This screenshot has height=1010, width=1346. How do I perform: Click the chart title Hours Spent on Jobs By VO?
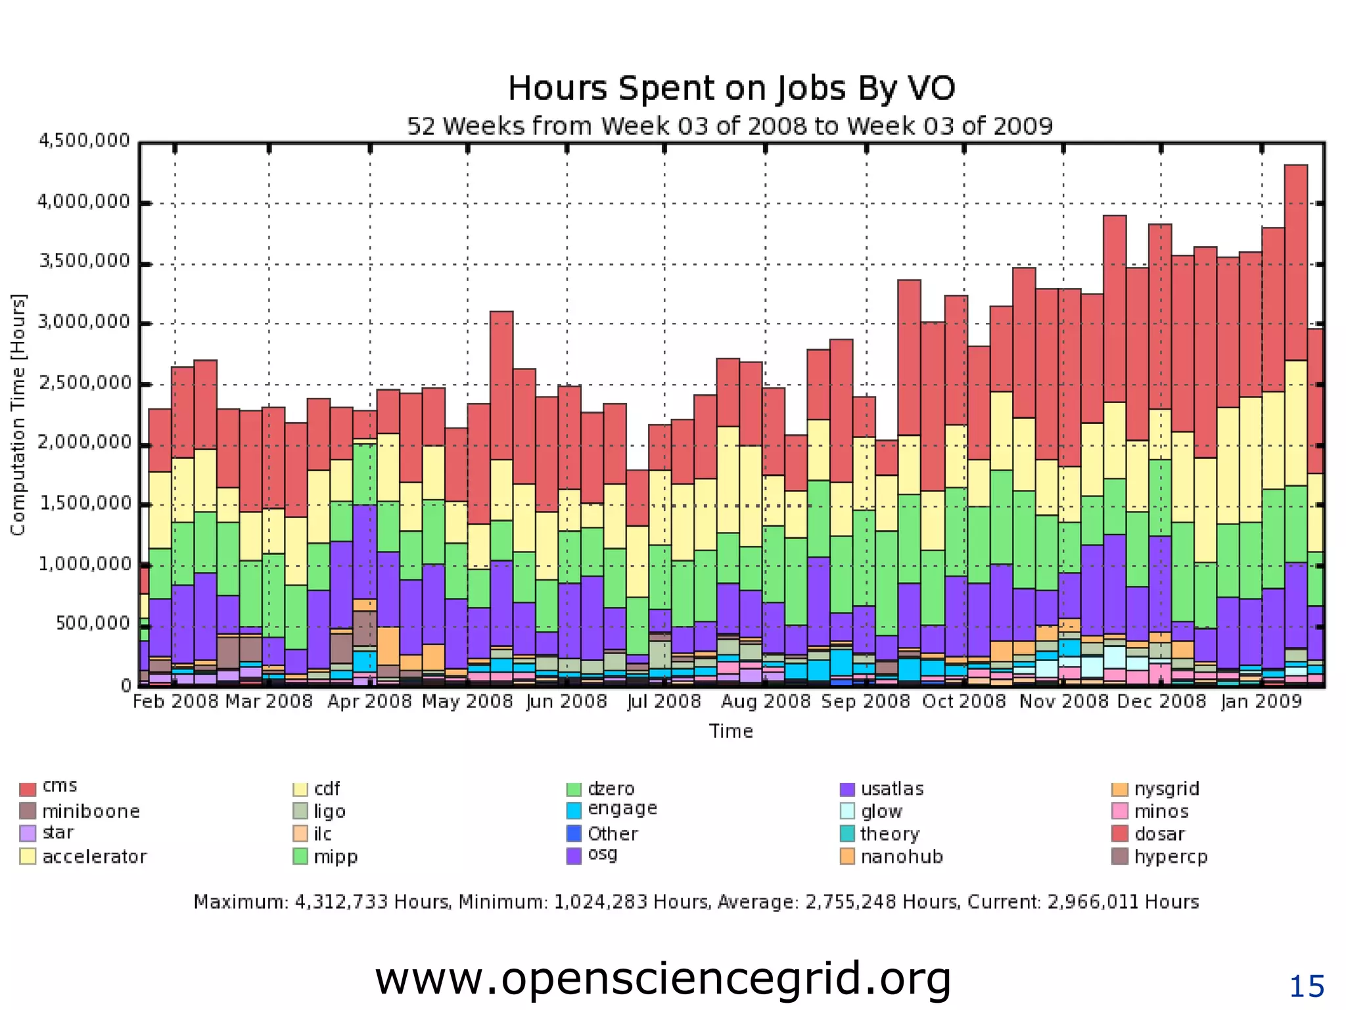click(731, 88)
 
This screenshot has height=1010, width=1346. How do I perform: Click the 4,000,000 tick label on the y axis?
click(83, 202)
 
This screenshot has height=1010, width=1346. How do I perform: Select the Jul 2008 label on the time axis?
click(664, 702)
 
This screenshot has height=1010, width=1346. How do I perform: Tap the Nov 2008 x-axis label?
click(1063, 702)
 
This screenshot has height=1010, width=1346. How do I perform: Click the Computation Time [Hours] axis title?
click(18, 414)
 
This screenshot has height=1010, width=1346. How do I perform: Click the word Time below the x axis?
click(731, 731)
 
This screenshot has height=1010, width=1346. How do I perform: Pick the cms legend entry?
click(59, 786)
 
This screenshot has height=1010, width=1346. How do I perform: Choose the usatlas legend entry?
click(891, 788)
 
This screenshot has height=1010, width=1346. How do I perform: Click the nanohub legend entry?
click(901, 857)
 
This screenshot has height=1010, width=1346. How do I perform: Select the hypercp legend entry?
click(1171, 857)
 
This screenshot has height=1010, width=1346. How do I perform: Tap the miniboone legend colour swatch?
click(28, 811)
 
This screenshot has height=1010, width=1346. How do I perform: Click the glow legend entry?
click(881, 811)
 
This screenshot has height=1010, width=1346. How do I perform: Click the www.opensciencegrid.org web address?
click(662, 978)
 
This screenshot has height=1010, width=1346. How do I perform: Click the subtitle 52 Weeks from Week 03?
click(730, 126)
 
